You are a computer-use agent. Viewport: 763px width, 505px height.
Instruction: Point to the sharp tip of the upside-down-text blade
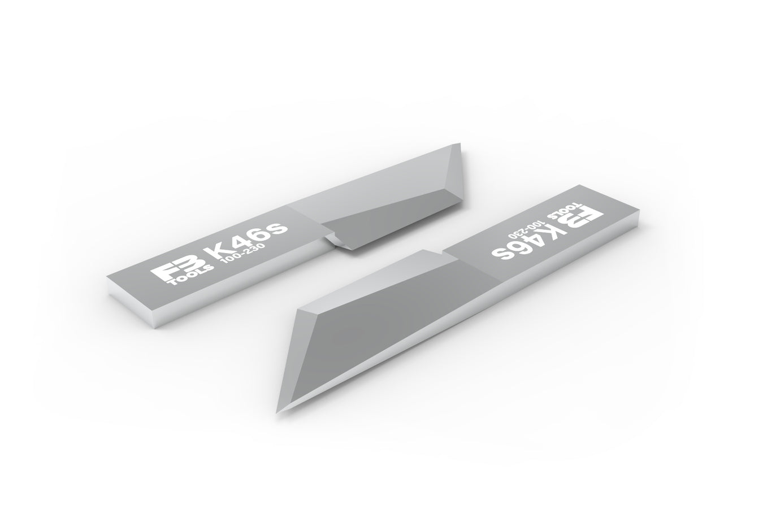point(278,412)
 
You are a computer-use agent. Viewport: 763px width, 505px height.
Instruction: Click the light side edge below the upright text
point(226,294)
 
